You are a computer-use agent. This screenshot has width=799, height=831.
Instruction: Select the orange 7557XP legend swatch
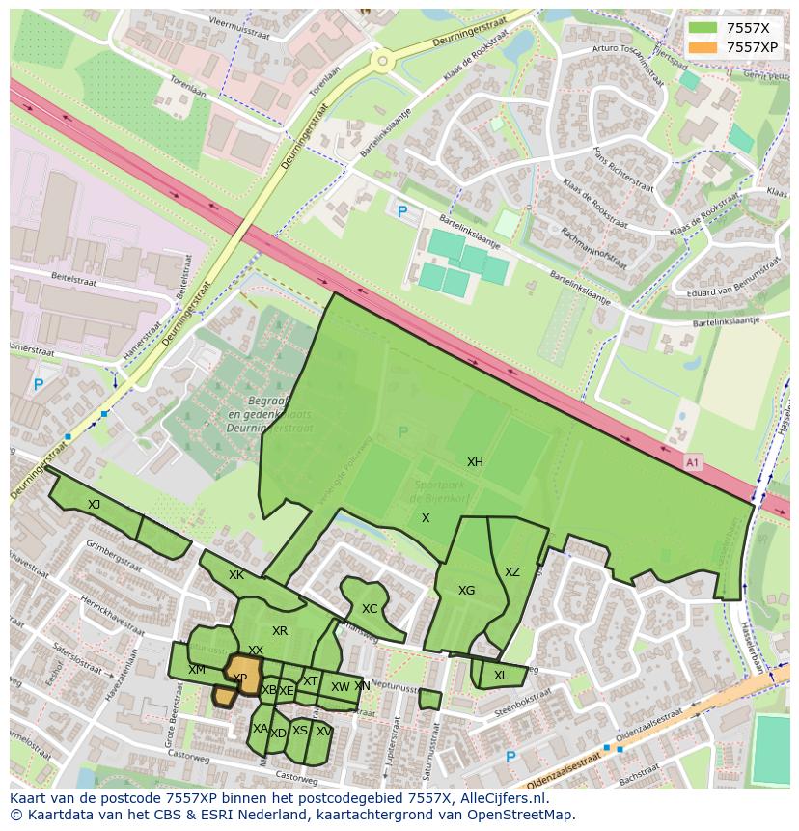[703, 47]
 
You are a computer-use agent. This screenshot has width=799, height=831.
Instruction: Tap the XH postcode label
[475, 462]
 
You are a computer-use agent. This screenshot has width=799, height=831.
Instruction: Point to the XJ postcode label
[94, 505]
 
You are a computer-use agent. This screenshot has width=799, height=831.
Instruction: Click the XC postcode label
[370, 609]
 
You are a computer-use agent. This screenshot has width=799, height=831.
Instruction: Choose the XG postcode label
[466, 591]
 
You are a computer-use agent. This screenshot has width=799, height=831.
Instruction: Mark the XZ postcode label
[511, 572]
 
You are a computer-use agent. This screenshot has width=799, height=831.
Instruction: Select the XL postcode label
[500, 676]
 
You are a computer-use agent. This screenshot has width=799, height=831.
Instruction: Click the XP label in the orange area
[240, 679]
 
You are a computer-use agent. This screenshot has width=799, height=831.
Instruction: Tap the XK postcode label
[236, 575]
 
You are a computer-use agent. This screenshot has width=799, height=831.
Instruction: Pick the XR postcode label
[280, 631]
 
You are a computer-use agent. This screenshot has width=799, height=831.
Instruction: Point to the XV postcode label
[323, 732]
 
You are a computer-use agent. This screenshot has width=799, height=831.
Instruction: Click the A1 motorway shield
[692, 462]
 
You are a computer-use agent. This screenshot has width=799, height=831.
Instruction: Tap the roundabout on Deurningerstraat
[383, 62]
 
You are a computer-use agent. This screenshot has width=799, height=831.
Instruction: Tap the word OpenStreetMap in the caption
[518, 815]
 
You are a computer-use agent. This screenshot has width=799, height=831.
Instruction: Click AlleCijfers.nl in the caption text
[498, 798]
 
